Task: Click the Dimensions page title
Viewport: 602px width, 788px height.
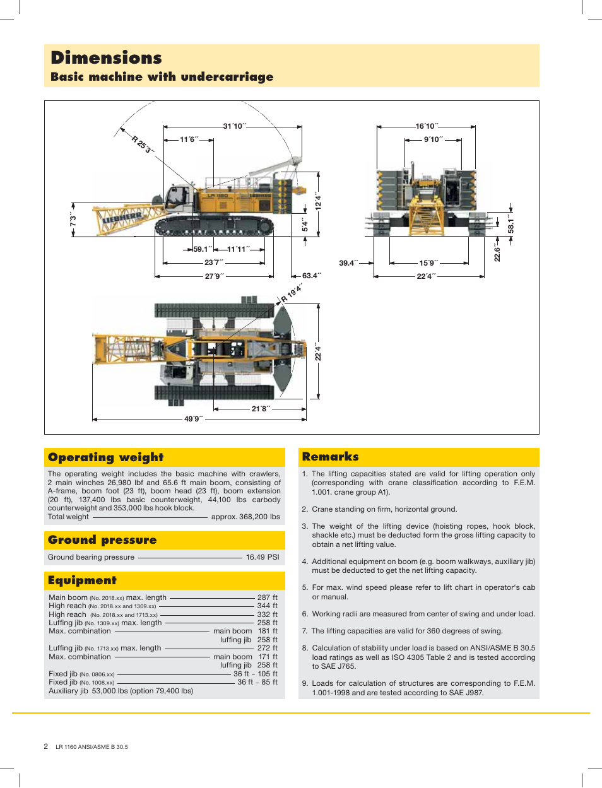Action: [106, 58]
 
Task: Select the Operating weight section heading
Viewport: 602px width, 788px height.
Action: [105, 457]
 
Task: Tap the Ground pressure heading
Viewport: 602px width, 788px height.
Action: [102, 540]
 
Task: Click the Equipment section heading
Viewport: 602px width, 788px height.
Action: [82, 580]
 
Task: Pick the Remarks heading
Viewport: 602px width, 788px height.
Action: [330, 457]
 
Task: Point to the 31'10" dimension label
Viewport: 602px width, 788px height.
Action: [234, 126]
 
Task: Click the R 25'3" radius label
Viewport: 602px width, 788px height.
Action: [143, 144]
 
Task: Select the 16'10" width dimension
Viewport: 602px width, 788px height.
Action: [427, 126]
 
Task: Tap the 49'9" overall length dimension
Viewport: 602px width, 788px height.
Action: [193, 419]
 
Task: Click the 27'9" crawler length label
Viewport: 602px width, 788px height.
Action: [214, 276]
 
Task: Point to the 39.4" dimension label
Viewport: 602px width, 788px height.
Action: [348, 263]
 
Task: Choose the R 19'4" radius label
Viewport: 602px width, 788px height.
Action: [292, 293]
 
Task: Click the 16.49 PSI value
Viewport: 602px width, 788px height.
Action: [263, 557]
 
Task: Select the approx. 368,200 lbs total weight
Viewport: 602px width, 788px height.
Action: [245, 517]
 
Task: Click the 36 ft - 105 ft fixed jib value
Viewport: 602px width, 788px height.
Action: [255, 674]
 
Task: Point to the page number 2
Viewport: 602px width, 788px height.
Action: [45, 746]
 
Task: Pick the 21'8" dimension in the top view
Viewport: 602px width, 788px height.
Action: [260, 409]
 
